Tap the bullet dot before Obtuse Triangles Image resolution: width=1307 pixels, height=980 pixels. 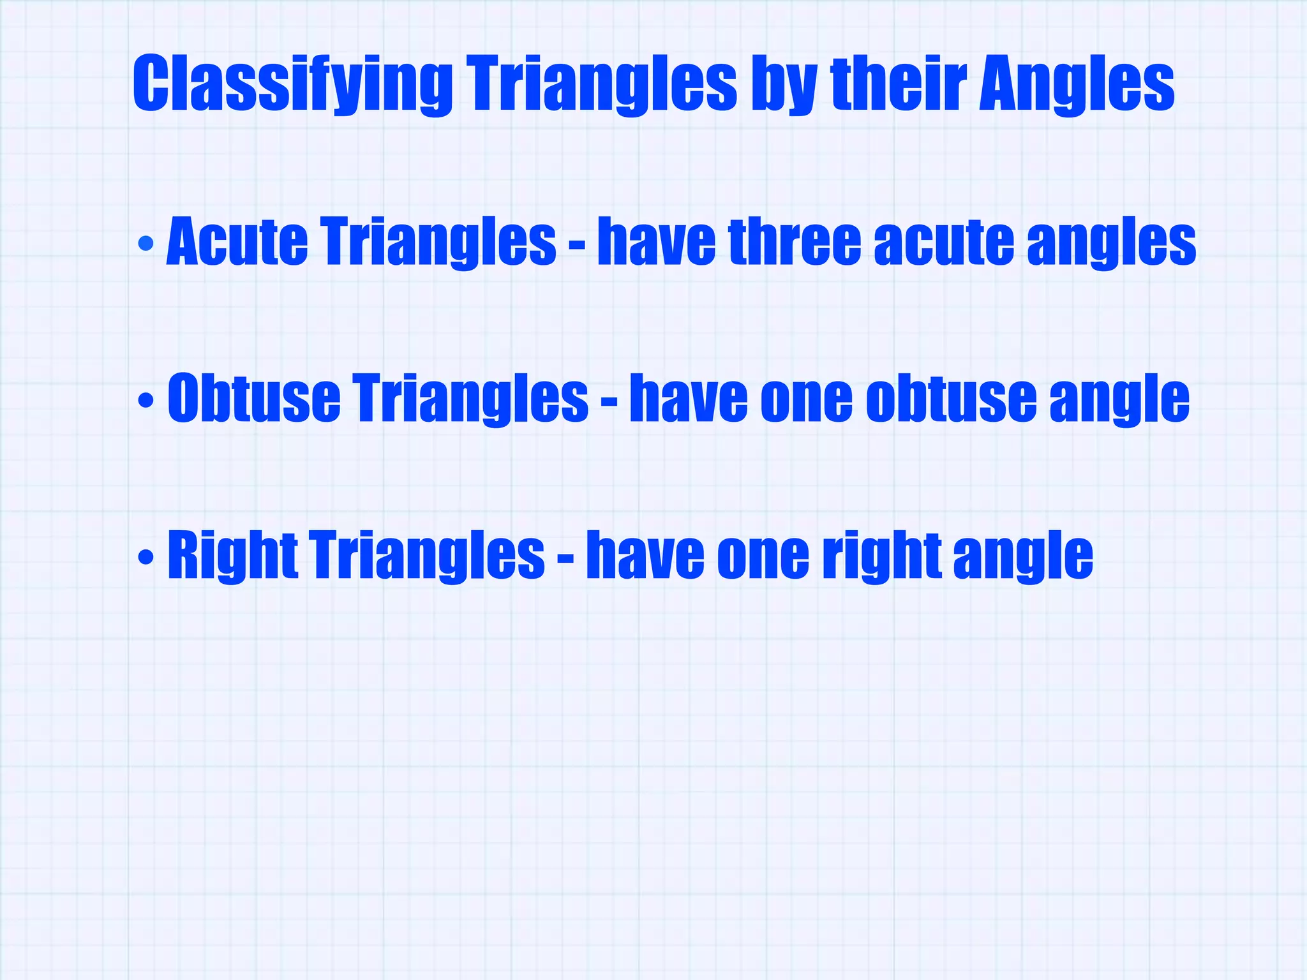pos(146,400)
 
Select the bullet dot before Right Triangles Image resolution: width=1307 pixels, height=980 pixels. pos(146,557)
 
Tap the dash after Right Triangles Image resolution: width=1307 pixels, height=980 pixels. pos(565,559)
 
